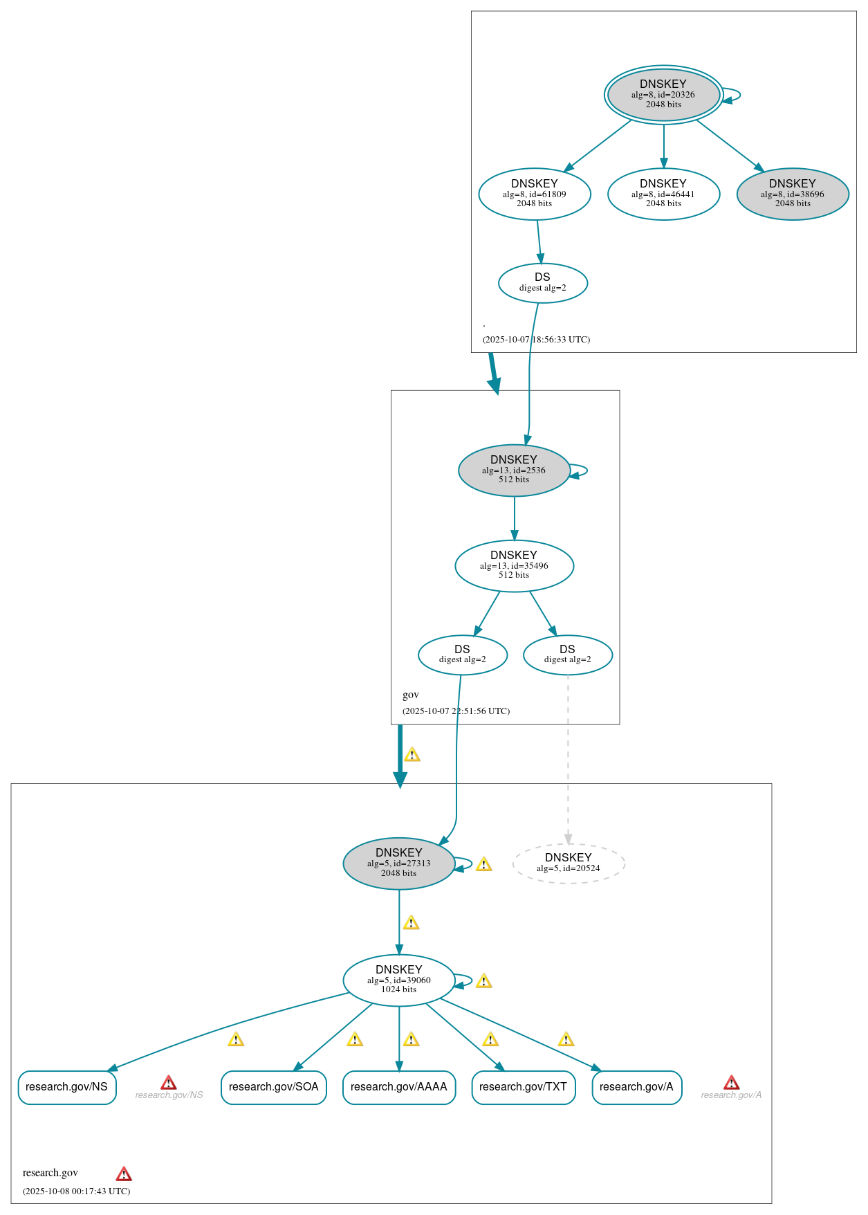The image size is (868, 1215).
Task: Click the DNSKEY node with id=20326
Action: coord(663,95)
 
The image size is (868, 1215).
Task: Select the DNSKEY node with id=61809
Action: coord(534,194)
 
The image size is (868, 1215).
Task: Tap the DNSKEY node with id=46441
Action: coord(663,194)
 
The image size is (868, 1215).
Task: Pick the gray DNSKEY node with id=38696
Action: coord(792,194)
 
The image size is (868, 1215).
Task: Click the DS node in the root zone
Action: coord(542,282)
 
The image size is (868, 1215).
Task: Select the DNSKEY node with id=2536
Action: coord(513,470)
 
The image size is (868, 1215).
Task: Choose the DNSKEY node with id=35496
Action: coord(513,565)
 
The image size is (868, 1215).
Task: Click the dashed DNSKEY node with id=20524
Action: coord(568,863)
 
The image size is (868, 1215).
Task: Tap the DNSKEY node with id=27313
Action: coord(398,863)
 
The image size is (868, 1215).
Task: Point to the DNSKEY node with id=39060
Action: coord(398,980)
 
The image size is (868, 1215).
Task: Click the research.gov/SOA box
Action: coord(273,1087)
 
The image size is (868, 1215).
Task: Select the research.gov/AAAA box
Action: coord(398,1087)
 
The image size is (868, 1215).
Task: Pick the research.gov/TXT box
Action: coord(522,1087)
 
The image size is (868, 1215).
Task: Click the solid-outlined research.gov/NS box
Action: coord(66,1087)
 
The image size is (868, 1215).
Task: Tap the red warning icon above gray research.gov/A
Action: coord(731,1083)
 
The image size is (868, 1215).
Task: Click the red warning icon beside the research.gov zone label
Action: coord(124,1174)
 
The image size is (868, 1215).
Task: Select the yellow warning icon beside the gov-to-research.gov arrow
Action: coord(412,755)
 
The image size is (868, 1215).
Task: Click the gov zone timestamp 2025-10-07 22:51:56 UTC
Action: coord(456,711)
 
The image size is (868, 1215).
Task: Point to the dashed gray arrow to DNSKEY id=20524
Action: coord(568,761)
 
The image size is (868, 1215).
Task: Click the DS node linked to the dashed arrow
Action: coord(567,655)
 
